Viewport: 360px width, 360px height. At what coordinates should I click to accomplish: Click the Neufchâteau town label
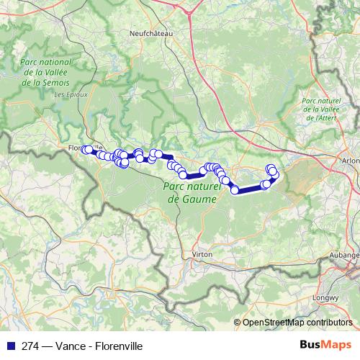pos(149,32)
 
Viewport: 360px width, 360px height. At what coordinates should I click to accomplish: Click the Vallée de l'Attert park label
pos(320,109)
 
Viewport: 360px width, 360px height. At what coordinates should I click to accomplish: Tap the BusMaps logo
pos(330,346)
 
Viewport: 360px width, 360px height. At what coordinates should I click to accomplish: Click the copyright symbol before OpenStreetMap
pos(238,323)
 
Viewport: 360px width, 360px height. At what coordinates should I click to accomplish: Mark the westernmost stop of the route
pos(84,150)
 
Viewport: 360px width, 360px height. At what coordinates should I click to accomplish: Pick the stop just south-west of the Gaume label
pos(183,174)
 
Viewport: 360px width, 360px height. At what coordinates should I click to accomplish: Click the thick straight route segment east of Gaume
pos(250,188)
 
